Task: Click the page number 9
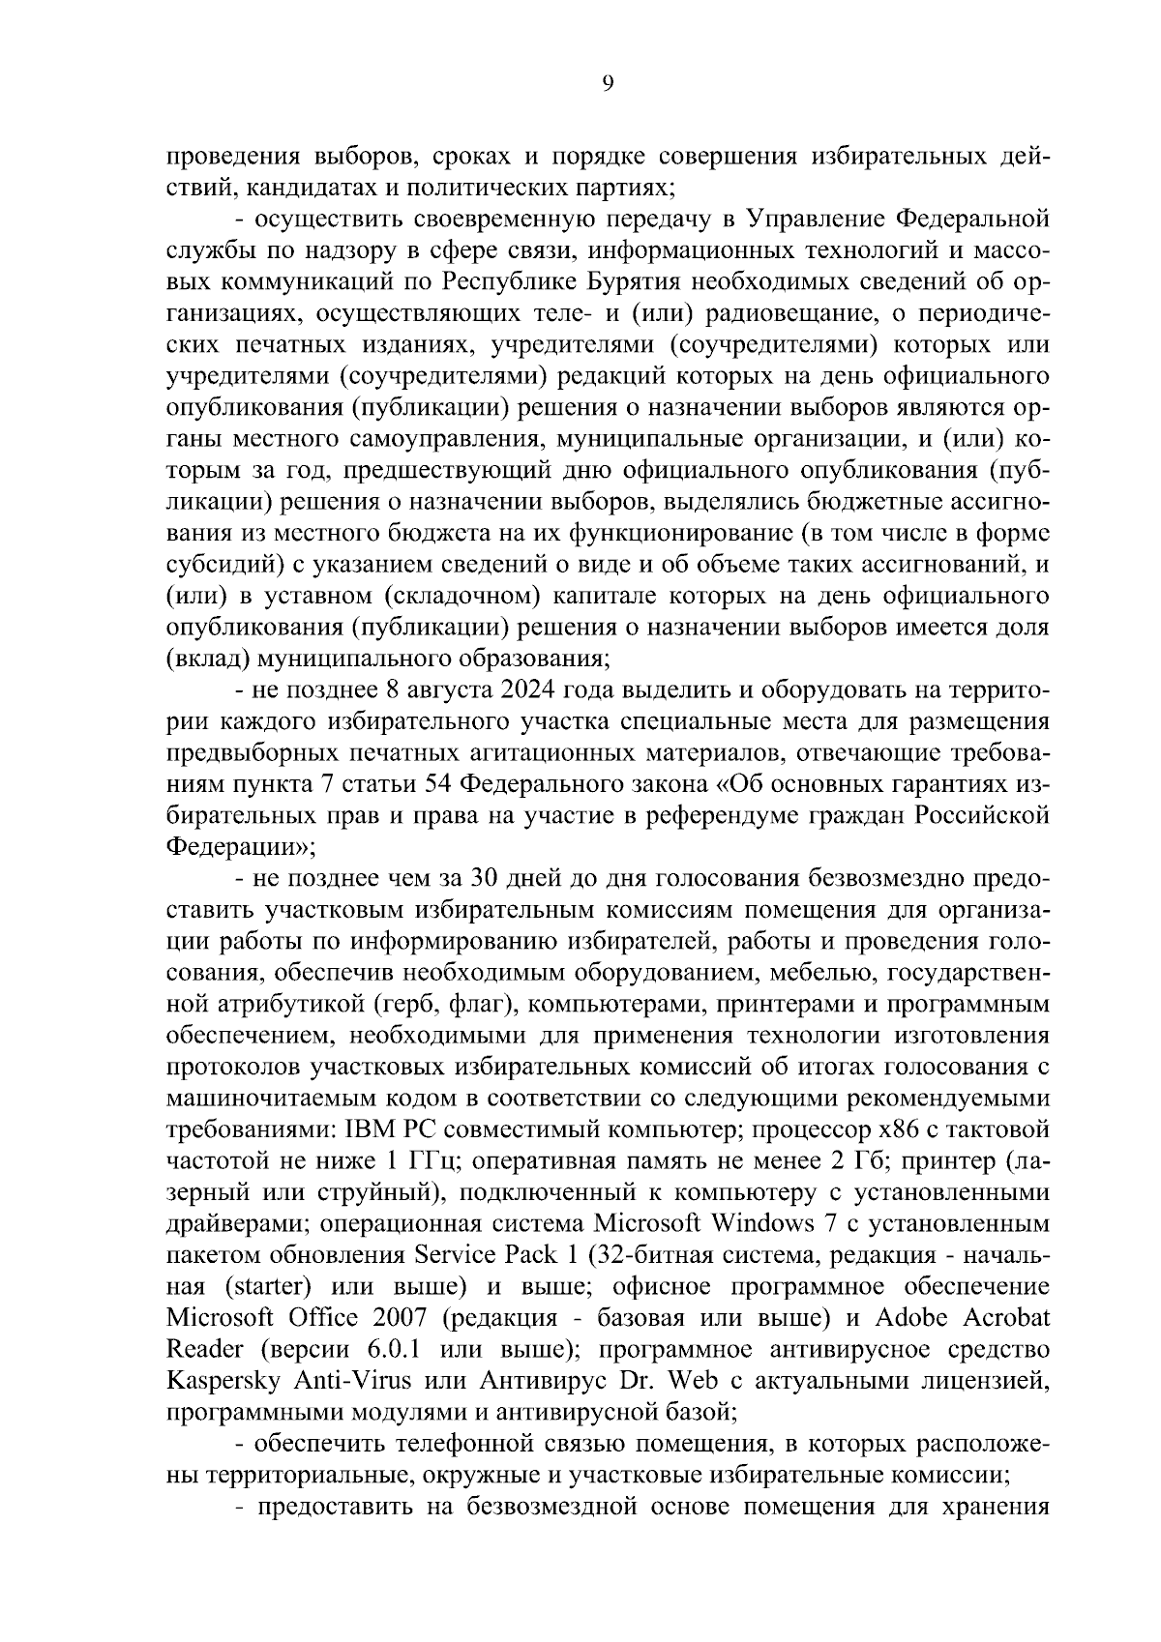[607, 84]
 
